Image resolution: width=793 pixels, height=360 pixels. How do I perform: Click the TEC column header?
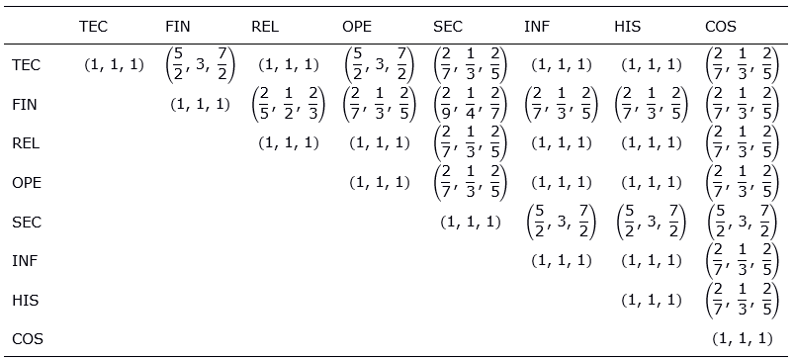(x=93, y=27)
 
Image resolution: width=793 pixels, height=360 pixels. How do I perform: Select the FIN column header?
(x=178, y=27)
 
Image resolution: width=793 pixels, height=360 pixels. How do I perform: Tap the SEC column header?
(x=449, y=27)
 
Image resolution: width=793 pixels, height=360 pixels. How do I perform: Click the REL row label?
(x=26, y=142)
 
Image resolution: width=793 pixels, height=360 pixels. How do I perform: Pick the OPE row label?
(x=27, y=182)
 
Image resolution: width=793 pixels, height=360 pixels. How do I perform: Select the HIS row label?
(x=26, y=300)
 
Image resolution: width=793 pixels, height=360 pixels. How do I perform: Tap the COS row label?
(x=28, y=339)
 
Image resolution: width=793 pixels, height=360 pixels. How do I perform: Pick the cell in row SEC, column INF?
(x=561, y=222)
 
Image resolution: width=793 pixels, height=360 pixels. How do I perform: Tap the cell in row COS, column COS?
(x=742, y=339)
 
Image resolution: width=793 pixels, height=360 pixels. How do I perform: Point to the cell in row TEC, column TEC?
(x=115, y=65)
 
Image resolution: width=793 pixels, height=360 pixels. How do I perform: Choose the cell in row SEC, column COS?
(x=742, y=222)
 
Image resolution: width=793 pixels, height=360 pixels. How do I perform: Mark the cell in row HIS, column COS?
(x=742, y=300)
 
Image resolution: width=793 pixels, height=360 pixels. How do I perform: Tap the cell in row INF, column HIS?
(x=651, y=261)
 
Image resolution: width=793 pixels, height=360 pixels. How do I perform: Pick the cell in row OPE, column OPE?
(x=379, y=182)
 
